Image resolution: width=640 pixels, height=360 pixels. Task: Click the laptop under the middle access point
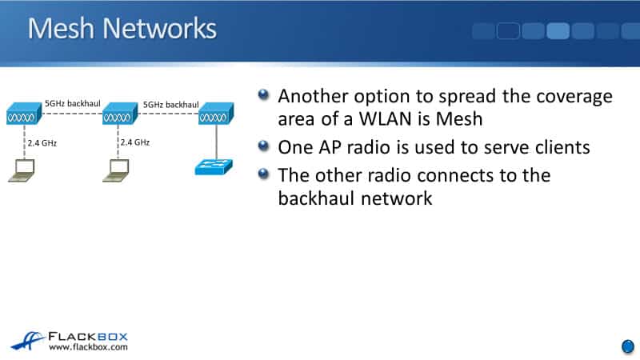pyautogui.click(x=118, y=168)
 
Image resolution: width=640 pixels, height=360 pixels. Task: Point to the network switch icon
pyautogui.click(x=214, y=167)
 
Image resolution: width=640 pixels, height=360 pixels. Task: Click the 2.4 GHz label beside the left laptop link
pyautogui.click(x=44, y=142)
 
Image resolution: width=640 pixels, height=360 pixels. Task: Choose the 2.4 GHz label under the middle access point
pyautogui.click(x=134, y=142)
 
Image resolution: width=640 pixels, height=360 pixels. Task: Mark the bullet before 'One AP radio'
pyautogui.click(x=265, y=146)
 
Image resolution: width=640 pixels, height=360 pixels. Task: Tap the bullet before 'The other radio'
pyautogui.click(x=265, y=173)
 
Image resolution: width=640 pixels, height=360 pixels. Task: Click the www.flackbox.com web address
pyautogui.click(x=88, y=347)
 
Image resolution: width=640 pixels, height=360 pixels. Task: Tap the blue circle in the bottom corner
pyautogui.click(x=627, y=346)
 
